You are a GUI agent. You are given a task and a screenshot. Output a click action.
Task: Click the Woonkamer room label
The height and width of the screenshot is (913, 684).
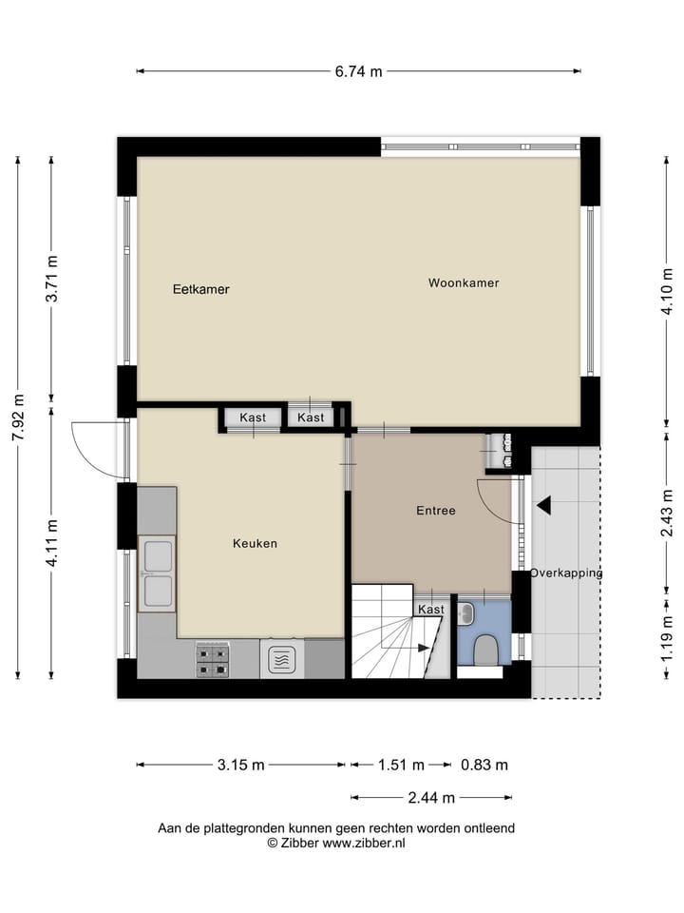pyautogui.click(x=463, y=282)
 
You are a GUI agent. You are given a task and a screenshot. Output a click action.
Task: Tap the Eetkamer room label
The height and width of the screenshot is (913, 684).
pyautogui.click(x=200, y=289)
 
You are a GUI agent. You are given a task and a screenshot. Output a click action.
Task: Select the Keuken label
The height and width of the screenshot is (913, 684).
pyautogui.click(x=255, y=543)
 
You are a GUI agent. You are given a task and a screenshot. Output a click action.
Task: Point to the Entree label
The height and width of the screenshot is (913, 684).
pyautogui.click(x=436, y=511)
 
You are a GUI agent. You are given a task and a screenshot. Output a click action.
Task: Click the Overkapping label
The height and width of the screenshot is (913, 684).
pyautogui.click(x=566, y=573)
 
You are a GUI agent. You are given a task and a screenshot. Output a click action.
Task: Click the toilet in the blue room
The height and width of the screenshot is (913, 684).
pyautogui.click(x=484, y=650)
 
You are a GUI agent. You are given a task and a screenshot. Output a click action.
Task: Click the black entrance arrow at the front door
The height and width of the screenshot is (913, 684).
pyautogui.click(x=542, y=505)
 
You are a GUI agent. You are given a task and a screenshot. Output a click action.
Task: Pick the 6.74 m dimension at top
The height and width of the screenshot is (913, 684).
pyautogui.click(x=358, y=71)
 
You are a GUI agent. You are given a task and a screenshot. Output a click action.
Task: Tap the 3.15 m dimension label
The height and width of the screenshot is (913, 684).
pyautogui.click(x=239, y=765)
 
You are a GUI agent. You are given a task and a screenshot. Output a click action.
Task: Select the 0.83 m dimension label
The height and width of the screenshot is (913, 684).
pyautogui.click(x=484, y=765)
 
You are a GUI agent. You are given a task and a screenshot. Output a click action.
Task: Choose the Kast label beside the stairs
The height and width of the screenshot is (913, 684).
pyautogui.click(x=430, y=610)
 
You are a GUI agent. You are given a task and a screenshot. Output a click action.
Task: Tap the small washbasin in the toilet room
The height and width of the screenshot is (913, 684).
pyautogui.click(x=466, y=614)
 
